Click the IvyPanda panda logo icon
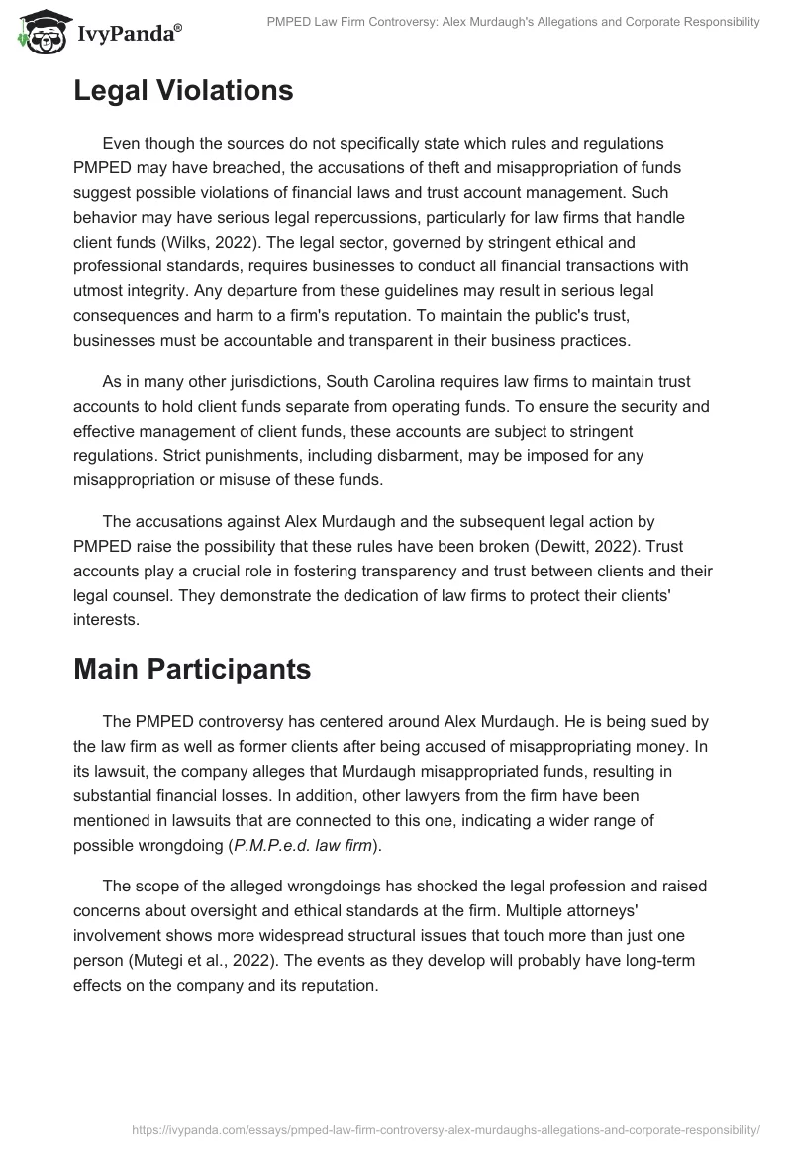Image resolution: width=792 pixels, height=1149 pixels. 39,32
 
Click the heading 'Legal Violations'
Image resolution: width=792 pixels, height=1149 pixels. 183,90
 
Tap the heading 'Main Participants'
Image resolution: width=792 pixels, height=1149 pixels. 192,668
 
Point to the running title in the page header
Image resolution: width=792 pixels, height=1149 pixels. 513,21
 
